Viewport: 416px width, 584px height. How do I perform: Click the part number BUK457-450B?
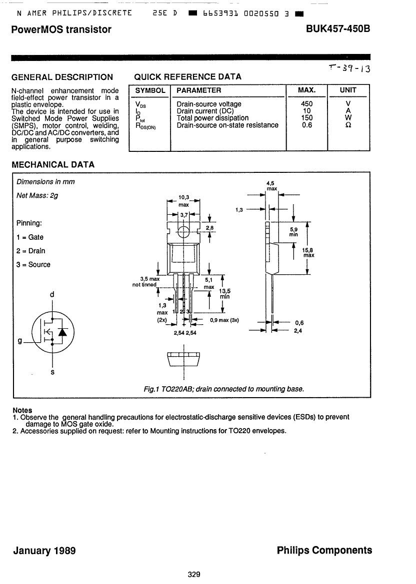[x=337, y=29]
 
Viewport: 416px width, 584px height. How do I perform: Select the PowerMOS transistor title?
[x=61, y=29]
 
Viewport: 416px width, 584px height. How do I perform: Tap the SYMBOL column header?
[x=150, y=90]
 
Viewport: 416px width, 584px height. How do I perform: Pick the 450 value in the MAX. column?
[x=307, y=104]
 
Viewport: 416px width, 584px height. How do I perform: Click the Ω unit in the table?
[x=348, y=125]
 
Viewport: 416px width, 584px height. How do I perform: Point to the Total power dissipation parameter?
[x=212, y=118]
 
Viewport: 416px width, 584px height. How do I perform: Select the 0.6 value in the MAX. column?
[x=307, y=125]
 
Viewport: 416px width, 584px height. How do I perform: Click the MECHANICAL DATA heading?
[x=53, y=165]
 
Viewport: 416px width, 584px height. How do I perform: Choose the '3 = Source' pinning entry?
[x=33, y=265]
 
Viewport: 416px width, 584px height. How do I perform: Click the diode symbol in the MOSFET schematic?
[x=62, y=332]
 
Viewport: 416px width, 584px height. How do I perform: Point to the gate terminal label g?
[x=20, y=341]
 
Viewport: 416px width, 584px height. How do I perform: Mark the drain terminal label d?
[x=52, y=295]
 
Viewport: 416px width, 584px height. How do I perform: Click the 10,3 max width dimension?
[x=183, y=201]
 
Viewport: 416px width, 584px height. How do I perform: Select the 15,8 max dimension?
[x=308, y=253]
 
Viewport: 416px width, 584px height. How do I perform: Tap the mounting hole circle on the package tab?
[x=183, y=232]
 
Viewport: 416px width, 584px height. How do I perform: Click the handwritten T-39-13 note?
[x=350, y=68]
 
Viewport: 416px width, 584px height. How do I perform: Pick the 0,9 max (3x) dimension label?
[x=224, y=320]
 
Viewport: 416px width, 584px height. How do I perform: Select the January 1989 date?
[x=44, y=551]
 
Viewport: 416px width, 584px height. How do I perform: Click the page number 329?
[x=194, y=575]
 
